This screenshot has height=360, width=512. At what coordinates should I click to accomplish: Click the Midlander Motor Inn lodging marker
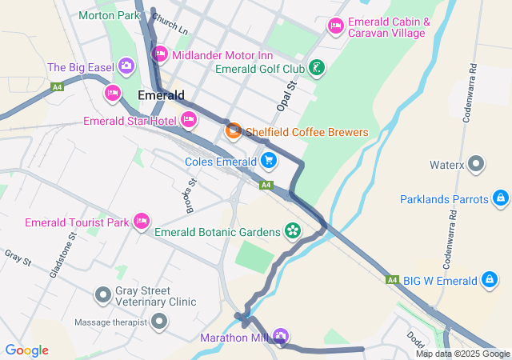(159, 54)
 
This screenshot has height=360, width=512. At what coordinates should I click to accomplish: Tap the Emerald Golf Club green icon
(318, 68)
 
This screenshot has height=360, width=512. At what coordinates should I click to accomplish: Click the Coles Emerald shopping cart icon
(268, 161)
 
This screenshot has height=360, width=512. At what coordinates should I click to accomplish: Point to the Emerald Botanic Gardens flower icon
(293, 232)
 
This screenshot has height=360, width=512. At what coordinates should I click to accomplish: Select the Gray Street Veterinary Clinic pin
(102, 295)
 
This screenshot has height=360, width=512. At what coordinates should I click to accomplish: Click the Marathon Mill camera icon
(280, 335)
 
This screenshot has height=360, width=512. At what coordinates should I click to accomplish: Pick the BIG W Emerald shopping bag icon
(488, 280)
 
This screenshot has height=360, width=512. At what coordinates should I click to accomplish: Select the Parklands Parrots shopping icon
(500, 198)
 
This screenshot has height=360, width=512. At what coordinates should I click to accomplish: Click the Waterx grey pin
(477, 165)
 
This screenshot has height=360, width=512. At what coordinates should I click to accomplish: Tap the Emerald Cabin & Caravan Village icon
(335, 27)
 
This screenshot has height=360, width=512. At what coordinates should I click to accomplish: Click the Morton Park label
(109, 15)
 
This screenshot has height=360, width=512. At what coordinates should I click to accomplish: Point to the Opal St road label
(286, 96)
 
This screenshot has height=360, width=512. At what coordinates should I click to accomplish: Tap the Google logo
(26, 350)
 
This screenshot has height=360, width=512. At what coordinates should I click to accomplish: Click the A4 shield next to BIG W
(392, 280)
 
